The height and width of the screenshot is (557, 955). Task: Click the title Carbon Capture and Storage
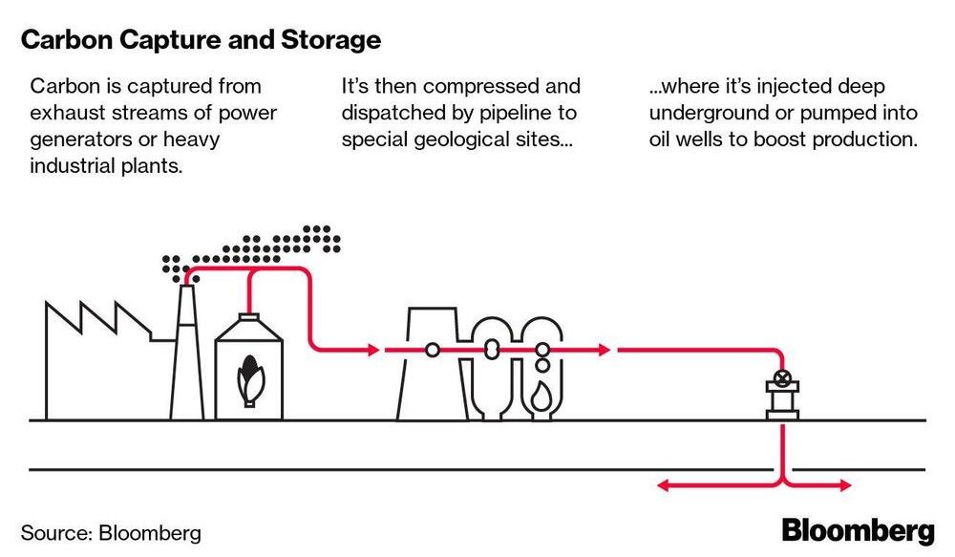click(x=201, y=41)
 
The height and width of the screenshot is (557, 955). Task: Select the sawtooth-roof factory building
click(x=95, y=363)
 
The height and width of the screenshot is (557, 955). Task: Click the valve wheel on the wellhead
click(x=783, y=376)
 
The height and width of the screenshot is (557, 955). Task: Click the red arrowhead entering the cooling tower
click(x=372, y=351)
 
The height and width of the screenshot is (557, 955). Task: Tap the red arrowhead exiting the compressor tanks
click(x=604, y=351)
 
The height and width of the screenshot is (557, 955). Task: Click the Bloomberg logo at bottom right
click(x=858, y=530)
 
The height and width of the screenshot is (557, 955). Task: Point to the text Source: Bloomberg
click(x=111, y=532)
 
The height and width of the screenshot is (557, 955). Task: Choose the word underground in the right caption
click(x=705, y=114)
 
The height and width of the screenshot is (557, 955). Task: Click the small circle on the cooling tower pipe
click(x=433, y=351)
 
